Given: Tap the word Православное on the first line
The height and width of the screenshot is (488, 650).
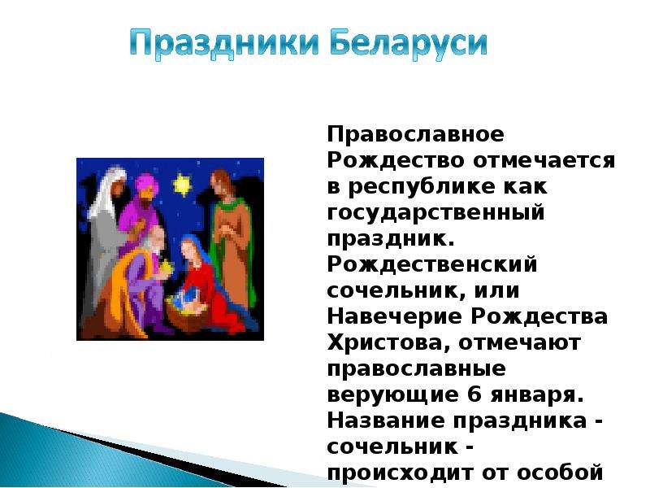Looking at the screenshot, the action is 416,135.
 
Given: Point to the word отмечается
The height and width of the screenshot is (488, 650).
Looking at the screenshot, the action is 544,160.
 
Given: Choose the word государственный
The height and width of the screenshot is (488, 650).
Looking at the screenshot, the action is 435,213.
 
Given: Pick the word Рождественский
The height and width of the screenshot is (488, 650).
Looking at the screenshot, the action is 432,265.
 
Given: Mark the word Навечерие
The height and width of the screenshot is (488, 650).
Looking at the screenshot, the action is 394,316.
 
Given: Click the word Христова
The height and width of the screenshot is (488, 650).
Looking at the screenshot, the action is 388,343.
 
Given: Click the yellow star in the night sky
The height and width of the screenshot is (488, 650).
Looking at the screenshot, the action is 181,185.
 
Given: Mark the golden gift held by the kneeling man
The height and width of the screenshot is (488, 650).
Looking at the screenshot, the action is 166,267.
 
